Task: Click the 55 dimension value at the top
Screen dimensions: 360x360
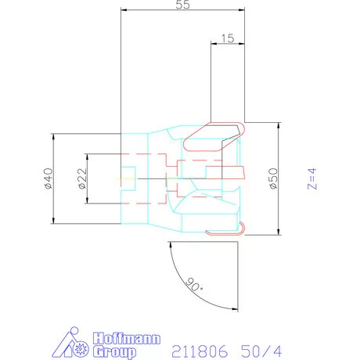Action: click(x=183, y=5)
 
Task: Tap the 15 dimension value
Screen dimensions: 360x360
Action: click(x=228, y=38)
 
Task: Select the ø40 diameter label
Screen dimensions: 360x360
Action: click(x=49, y=178)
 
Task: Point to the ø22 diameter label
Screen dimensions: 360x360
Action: click(x=82, y=178)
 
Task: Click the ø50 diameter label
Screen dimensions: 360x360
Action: click(x=274, y=178)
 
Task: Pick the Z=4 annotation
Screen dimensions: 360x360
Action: click(x=312, y=178)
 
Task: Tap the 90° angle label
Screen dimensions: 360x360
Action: click(x=195, y=285)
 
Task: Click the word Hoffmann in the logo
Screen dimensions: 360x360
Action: click(x=127, y=338)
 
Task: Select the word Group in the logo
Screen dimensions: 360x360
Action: click(x=115, y=352)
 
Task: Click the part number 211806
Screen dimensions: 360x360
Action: click(x=200, y=351)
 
